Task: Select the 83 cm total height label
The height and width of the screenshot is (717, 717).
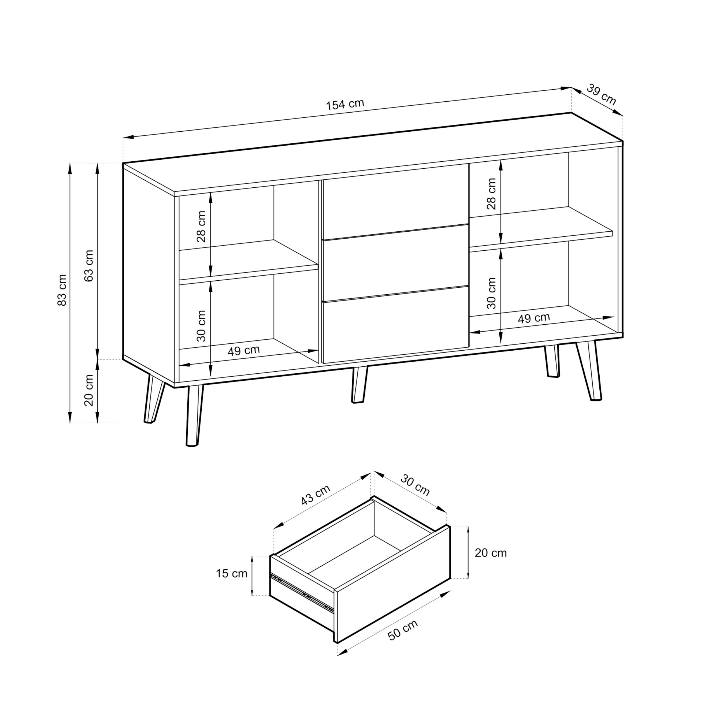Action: point(62,290)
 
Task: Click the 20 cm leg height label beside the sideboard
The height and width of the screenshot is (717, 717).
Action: point(89,390)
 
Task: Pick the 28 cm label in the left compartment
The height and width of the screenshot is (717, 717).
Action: point(201,226)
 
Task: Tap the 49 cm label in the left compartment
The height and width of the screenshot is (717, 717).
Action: point(243,350)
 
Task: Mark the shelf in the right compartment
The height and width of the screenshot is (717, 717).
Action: point(541,227)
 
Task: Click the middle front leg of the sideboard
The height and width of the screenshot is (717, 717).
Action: point(359,385)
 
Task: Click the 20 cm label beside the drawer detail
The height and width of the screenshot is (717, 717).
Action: point(491,553)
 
